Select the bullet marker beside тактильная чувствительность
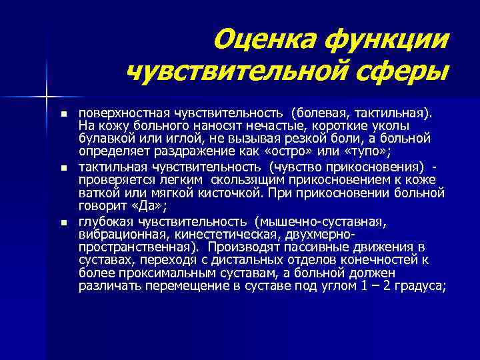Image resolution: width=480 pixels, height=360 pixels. (x=63, y=168)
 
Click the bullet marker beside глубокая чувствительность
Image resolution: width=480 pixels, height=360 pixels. (x=63, y=222)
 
